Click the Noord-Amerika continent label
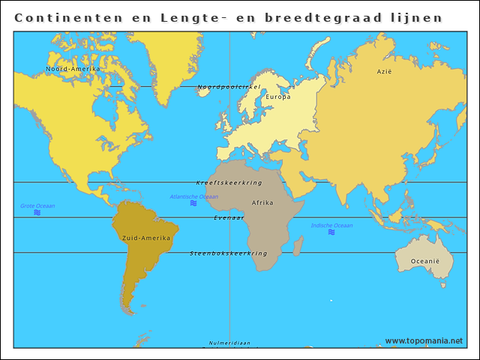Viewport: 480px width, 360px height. point(73,69)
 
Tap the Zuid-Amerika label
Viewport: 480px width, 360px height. point(145,238)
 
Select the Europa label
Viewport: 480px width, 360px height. point(278,97)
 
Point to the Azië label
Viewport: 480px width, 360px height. point(384,72)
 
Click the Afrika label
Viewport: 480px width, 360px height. point(262,203)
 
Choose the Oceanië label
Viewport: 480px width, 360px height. point(424,261)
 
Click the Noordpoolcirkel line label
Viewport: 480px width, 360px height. point(229,87)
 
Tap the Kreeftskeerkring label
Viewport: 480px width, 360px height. point(229,183)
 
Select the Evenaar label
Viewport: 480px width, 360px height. point(229,217)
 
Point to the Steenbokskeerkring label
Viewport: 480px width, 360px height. point(229,253)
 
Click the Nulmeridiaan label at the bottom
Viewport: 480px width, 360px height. point(229,343)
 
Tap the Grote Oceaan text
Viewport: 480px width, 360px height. point(37,205)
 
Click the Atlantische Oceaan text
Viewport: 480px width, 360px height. point(194,196)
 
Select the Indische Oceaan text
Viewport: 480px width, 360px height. point(331,225)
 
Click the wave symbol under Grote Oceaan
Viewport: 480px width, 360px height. point(37,213)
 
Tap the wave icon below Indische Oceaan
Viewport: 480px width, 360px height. point(331,232)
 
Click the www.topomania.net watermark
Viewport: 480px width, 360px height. point(424,341)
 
